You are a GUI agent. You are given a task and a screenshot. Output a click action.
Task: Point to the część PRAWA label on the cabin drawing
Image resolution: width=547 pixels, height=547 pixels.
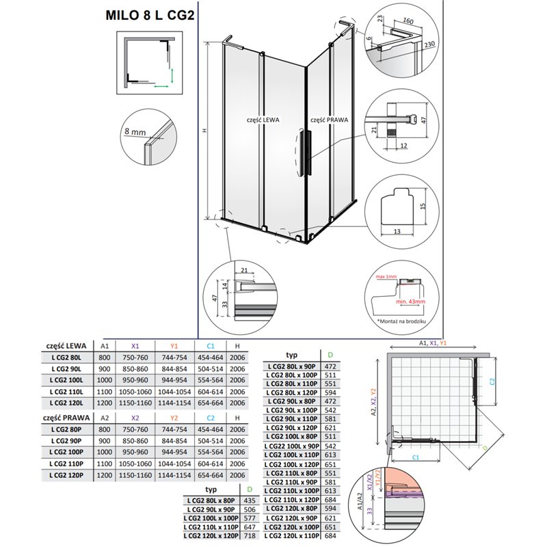click(330, 119)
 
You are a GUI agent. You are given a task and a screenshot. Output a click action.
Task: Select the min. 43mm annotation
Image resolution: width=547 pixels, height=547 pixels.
click(410, 301)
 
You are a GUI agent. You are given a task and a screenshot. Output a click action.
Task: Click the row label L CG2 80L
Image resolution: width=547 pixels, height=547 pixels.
click(64, 359)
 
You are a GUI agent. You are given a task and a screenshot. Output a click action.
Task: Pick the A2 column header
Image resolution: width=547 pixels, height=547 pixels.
click(105, 417)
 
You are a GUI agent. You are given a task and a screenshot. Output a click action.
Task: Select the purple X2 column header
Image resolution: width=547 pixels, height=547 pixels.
click(133, 417)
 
